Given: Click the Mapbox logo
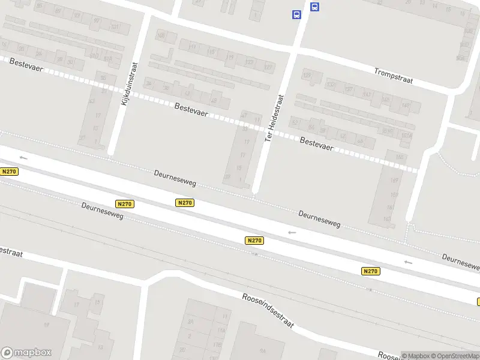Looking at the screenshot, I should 26,353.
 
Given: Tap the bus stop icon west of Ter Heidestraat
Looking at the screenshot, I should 296,14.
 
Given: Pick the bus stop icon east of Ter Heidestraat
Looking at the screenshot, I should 314,7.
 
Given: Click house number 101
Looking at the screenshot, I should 115,27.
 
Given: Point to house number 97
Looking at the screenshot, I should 96,20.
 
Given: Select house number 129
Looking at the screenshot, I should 308,75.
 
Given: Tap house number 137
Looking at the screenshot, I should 349,89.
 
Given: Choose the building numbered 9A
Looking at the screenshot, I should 262,352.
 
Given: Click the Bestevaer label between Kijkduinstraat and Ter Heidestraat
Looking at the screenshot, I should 191,109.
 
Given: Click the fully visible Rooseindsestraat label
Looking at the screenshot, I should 268,310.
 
